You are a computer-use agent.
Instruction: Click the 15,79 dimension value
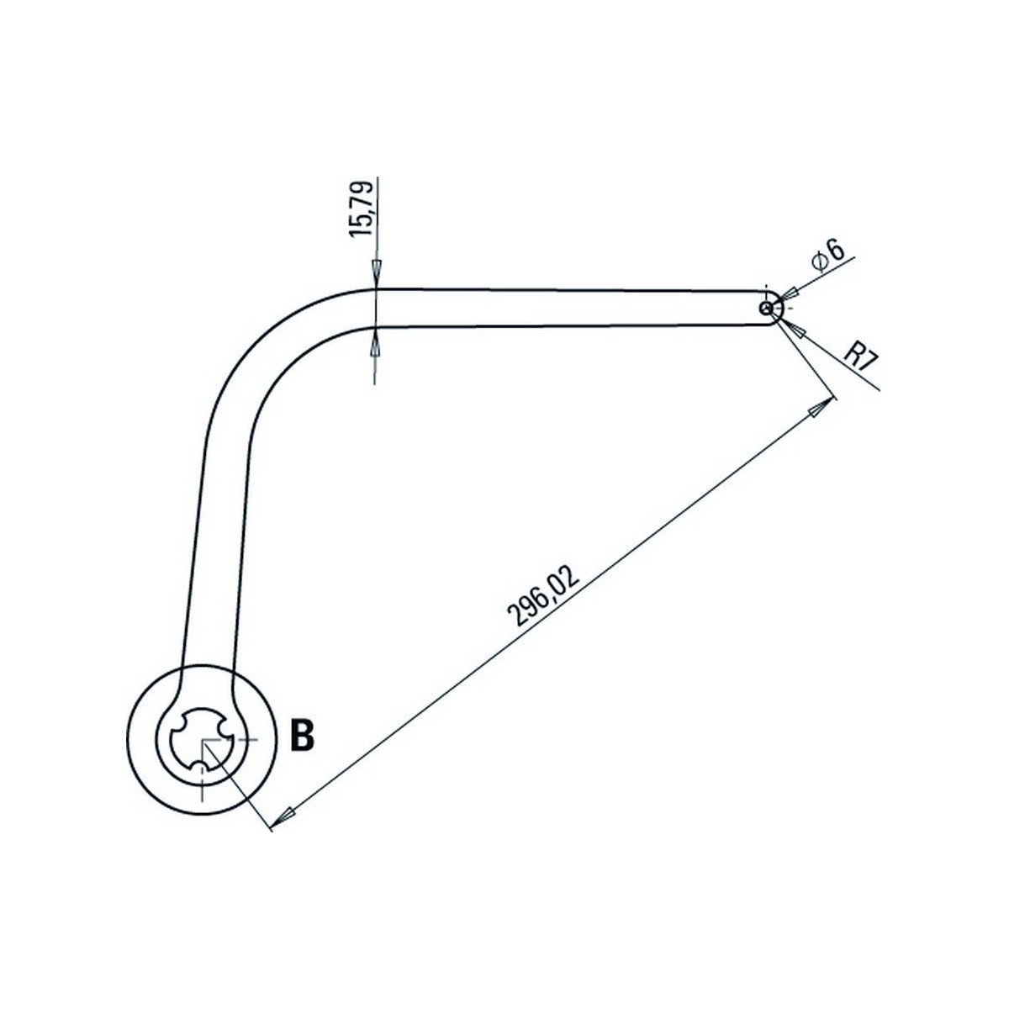coord(362,209)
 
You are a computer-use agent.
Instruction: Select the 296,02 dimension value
coord(544,594)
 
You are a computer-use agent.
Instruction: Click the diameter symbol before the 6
coord(819,261)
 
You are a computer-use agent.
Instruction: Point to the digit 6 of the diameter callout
coord(836,249)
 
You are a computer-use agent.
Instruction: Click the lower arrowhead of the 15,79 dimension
coord(375,341)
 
